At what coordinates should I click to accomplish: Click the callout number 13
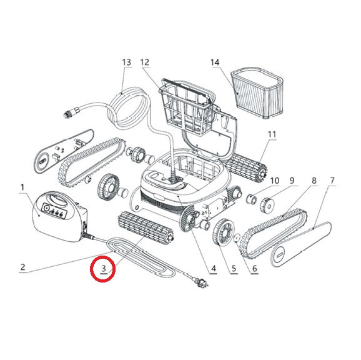coord(127,62)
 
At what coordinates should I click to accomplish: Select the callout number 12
coord(145,62)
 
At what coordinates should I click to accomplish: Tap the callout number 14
coord(215,62)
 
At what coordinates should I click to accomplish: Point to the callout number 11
coord(272,134)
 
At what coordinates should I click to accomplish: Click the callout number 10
coord(275,181)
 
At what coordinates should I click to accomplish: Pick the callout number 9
coord(292,181)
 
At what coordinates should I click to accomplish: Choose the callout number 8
coord(314,181)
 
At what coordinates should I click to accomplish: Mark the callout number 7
coord(332,181)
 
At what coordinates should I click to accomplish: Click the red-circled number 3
coord(104,268)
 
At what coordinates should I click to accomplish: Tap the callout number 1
coord(22,187)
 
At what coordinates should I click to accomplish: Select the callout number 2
coord(22,267)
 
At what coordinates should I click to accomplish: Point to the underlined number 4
coord(214,268)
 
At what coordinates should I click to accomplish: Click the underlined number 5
coord(234,268)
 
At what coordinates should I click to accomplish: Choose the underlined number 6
coord(254,268)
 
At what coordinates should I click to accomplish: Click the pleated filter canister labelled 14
coord(257,93)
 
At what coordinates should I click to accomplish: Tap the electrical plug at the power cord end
coord(200,282)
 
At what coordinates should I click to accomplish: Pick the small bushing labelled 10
coord(251,199)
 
